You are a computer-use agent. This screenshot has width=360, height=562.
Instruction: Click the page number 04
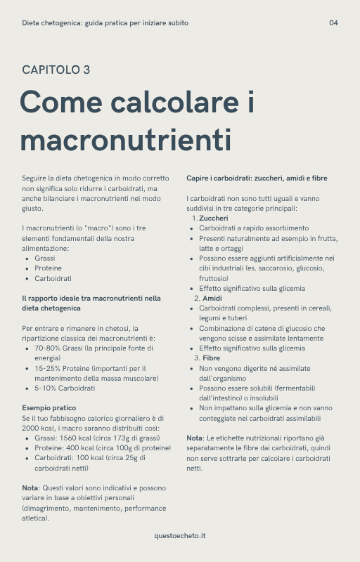333,23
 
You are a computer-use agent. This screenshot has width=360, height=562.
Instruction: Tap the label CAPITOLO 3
56,70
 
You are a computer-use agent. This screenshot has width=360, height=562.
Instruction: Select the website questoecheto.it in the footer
180,536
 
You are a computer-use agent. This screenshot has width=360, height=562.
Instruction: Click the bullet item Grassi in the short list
44,258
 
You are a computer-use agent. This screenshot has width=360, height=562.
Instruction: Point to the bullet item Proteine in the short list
48,268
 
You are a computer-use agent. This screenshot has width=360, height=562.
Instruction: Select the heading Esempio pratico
49,407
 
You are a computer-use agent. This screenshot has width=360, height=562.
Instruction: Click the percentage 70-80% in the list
48,348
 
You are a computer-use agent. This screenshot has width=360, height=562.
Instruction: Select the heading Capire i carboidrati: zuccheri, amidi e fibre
257,178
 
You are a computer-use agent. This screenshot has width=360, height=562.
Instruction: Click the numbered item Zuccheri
213,218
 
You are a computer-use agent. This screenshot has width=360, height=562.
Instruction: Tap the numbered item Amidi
212,298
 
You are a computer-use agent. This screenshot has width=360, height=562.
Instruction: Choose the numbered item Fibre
211,358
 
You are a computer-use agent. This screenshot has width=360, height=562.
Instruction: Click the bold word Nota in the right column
194,438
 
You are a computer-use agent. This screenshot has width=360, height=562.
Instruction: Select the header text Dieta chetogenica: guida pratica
105,23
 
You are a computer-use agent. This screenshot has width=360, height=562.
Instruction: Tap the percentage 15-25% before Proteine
48,367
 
